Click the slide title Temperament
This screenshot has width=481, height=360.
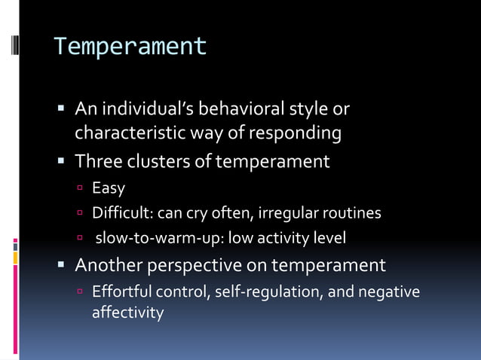[x=130, y=47]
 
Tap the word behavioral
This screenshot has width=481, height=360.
[x=245, y=110]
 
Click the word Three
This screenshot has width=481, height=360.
[x=97, y=161]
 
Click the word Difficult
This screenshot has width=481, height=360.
[x=121, y=213]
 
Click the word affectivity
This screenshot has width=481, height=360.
[x=127, y=312]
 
